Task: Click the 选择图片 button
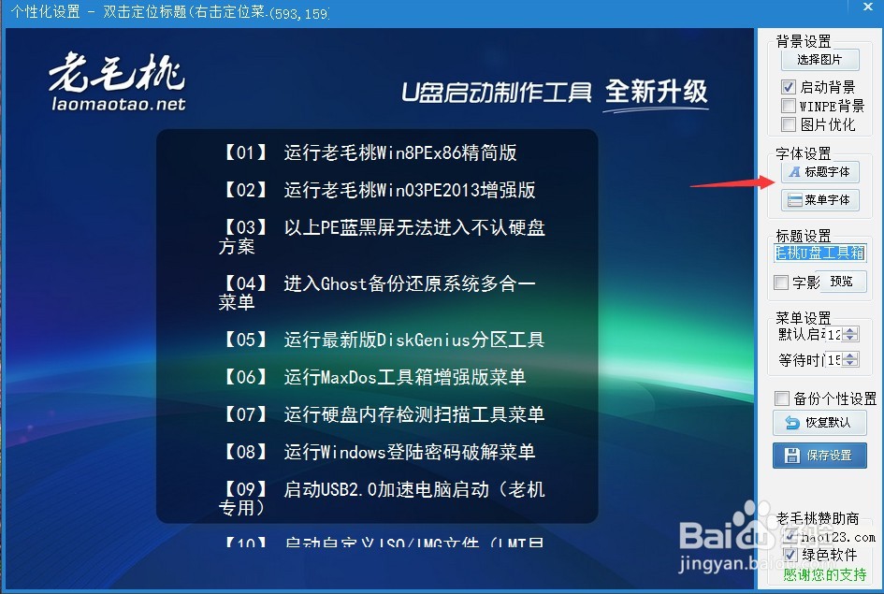[x=819, y=60]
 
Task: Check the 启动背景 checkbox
[x=789, y=87]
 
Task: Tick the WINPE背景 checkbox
[x=789, y=106]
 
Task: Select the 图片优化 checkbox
[x=789, y=124]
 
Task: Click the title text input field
[x=820, y=254]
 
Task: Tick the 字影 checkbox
[x=782, y=282]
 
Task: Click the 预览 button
[x=841, y=282]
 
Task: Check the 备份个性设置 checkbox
[x=782, y=398]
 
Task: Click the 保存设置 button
[x=819, y=456]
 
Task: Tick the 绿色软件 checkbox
[x=790, y=555]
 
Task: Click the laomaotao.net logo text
[x=118, y=105]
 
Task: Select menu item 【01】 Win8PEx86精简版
[x=370, y=152]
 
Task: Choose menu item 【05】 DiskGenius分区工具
[x=383, y=340]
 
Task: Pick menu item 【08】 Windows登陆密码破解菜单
[x=378, y=452]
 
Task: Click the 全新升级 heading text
[x=656, y=92]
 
